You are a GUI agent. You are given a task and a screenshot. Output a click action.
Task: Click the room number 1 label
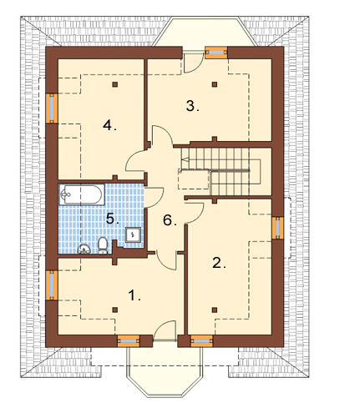134,295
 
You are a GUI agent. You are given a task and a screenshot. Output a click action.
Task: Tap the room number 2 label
219,263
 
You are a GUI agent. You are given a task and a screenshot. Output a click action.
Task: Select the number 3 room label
192,106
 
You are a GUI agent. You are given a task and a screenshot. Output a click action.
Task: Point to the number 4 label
109,125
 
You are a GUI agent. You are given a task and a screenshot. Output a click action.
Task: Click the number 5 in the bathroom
113,219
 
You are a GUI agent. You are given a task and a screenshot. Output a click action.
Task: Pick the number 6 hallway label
170,220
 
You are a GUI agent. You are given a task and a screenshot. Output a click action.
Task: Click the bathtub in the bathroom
82,194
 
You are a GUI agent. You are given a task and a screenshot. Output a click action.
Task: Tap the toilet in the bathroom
103,245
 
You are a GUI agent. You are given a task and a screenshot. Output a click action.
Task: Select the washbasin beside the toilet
84,249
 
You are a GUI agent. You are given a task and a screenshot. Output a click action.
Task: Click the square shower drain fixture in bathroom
133,234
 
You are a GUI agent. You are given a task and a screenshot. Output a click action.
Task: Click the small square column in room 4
114,84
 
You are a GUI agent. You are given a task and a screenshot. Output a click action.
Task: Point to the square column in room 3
214,84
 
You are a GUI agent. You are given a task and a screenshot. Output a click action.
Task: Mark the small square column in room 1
114,310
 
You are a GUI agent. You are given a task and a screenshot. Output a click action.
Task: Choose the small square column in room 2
214,310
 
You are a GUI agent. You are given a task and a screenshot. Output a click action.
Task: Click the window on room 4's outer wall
52,108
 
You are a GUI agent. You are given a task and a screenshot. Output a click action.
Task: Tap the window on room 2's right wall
277,227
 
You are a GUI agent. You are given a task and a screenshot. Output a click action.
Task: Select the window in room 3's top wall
216,53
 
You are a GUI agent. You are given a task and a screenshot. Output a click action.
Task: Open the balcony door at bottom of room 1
165,331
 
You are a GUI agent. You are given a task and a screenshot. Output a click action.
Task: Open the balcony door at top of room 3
193,62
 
